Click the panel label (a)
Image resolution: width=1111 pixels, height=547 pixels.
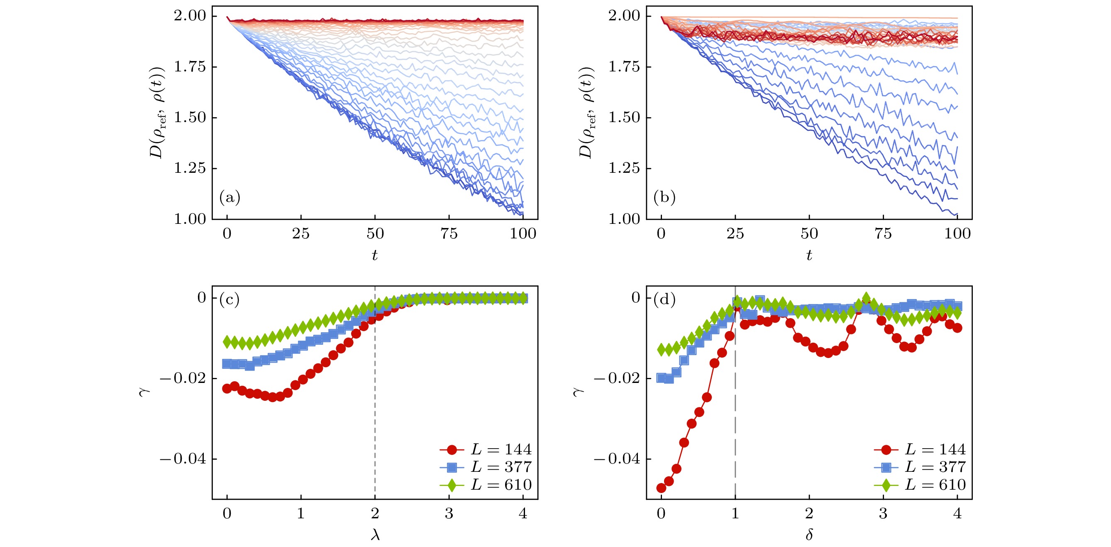tap(230, 197)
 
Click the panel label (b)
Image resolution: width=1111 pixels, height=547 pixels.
tap(664, 197)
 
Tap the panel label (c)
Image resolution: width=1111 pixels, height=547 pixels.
tap(230, 299)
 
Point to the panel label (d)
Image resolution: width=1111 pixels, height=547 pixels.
tap(664, 299)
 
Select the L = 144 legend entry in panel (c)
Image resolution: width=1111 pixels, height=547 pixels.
tap(486, 449)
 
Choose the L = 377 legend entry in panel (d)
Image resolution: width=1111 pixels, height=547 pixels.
tap(921, 467)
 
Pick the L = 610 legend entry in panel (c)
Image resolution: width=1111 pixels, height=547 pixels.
tap(486, 485)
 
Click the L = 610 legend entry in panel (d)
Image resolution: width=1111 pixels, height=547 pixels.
tap(921, 485)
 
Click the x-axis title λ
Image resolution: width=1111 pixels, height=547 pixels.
tap(375, 535)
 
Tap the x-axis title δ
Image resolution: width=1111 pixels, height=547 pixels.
tap(809, 535)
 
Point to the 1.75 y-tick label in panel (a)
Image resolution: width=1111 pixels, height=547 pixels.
tap(190, 67)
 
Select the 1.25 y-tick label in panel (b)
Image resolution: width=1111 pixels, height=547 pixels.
tap(624, 168)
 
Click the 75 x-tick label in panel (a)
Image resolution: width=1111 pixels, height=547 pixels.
tap(449, 233)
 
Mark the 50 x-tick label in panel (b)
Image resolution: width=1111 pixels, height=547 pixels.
tap(809, 233)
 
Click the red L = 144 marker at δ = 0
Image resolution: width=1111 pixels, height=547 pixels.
tap(661, 488)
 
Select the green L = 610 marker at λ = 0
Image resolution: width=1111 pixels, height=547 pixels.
tap(227, 342)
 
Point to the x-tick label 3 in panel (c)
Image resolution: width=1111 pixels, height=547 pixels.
tap(449, 513)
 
